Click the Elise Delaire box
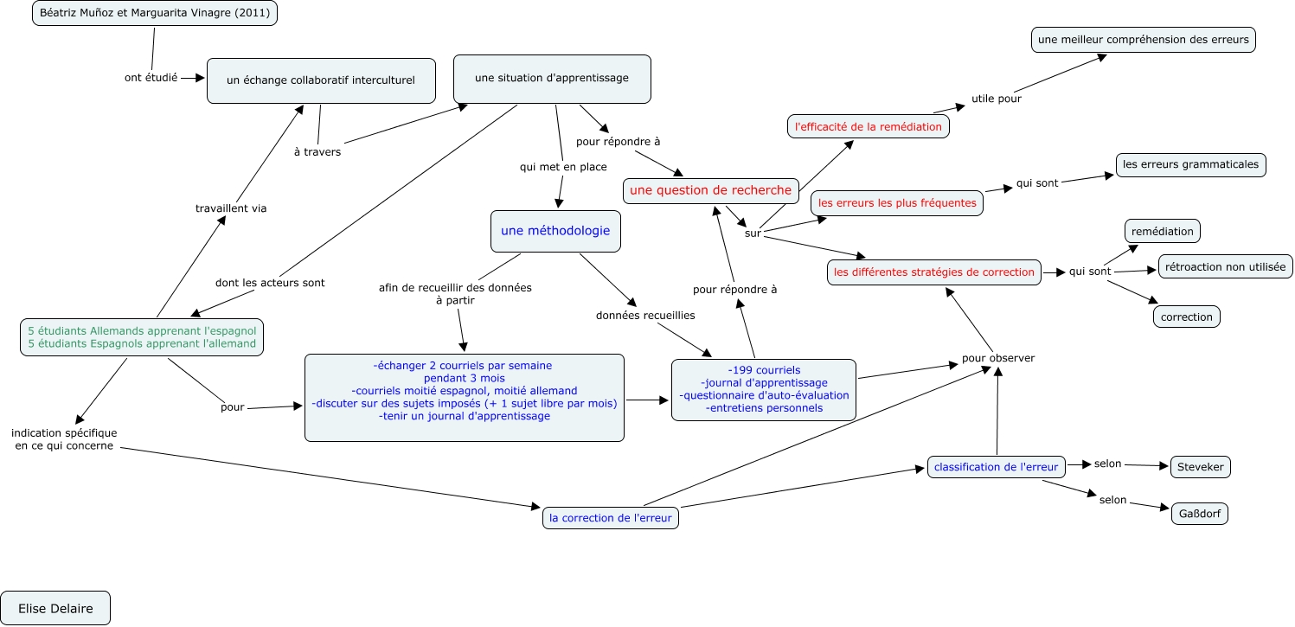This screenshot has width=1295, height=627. coord(55,608)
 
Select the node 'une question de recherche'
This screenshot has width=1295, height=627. coord(710,190)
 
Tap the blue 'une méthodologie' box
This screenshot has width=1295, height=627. coord(555,231)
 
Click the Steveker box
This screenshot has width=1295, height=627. coord(1200,467)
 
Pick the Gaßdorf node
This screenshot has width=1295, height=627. coord(1199,513)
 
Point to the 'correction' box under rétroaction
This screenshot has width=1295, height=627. coord(1186,317)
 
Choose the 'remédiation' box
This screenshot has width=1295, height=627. coord(1162,231)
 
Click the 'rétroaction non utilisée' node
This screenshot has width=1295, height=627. coord(1225,266)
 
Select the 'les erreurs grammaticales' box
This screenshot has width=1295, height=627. coord(1190,164)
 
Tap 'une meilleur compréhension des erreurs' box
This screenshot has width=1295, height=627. coord(1143,40)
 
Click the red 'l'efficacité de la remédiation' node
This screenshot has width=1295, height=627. coord(869,126)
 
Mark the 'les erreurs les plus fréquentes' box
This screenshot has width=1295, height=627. coord(897,203)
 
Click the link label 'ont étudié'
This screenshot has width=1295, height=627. coord(151,77)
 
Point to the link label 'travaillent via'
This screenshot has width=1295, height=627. coord(231,208)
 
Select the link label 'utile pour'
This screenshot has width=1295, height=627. coord(997,99)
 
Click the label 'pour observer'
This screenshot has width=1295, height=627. coord(998,358)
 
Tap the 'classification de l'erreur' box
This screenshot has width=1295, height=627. coord(996,467)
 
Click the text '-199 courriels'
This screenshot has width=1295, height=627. coord(764,370)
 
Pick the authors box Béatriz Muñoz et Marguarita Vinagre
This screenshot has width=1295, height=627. coord(154,14)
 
